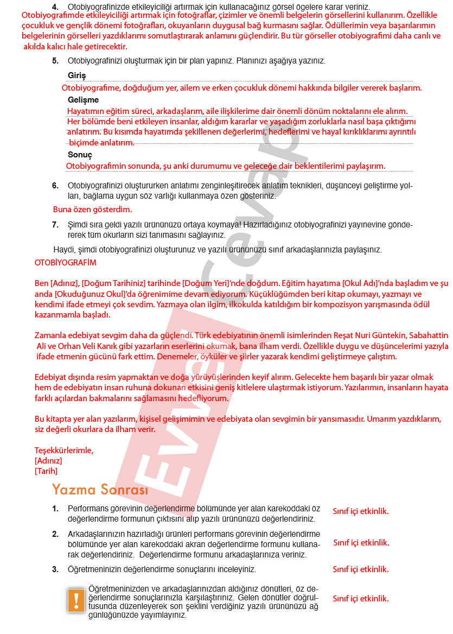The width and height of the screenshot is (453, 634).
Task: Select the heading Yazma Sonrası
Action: pos(100,490)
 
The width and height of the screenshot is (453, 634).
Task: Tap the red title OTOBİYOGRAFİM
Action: pos(65,263)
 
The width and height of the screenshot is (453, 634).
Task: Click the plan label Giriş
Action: pos(76,75)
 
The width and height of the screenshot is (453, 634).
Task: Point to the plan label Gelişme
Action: pos(83,100)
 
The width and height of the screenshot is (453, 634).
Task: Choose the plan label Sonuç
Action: pos(80,155)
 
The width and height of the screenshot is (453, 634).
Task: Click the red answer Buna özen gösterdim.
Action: pos(92,209)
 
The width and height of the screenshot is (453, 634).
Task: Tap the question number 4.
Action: pos(55,7)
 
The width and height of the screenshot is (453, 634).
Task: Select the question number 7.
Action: pos(55,225)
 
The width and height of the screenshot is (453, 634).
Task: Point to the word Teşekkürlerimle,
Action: pos(64,451)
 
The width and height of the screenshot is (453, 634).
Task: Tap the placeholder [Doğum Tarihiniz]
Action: pos(113,283)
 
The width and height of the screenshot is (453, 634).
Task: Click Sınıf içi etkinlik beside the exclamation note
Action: pos(361,599)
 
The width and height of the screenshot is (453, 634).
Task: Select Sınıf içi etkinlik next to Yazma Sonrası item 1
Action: pos(361,511)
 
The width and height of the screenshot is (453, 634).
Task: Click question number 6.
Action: pos(55,186)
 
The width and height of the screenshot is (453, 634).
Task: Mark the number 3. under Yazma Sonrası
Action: pos(55,569)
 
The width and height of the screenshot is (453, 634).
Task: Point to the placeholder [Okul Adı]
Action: pos(362,283)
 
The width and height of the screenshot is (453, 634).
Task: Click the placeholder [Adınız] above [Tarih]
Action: pos(48,461)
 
